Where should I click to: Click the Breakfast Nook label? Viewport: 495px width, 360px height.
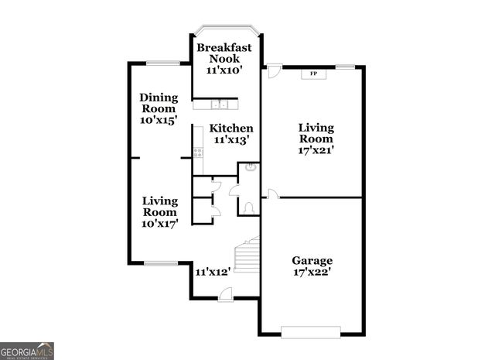(224, 53)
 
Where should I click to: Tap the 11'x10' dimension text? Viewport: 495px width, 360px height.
(224, 70)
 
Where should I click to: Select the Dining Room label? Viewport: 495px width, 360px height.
(159, 104)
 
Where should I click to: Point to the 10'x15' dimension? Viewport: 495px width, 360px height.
(159, 121)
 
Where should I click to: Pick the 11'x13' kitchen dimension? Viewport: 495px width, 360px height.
(230, 140)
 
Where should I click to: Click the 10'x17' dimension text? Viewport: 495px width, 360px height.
(160, 224)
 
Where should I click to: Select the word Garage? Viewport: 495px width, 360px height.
(312, 261)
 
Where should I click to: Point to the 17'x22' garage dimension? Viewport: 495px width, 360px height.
(312, 273)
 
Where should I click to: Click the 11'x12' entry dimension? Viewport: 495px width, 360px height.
(213, 272)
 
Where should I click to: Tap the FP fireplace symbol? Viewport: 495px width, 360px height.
(313, 74)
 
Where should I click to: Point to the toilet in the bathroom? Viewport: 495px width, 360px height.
(248, 207)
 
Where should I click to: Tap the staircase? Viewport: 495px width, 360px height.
(247, 255)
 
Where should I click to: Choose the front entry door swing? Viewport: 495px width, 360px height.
(224, 293)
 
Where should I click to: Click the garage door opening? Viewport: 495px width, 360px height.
(309, 332)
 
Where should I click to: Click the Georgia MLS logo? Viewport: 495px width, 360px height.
(27, 351)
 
